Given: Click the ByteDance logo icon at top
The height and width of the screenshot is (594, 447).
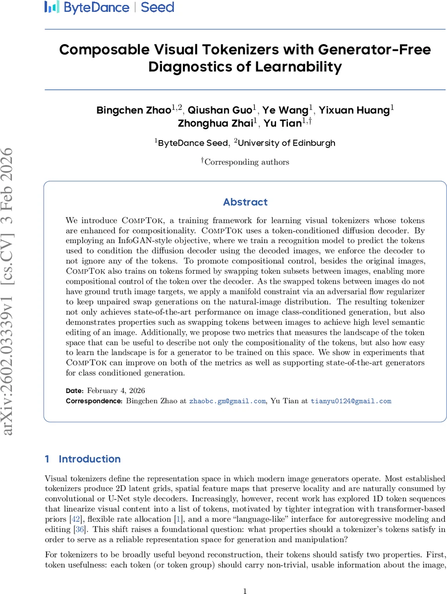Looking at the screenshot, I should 52,7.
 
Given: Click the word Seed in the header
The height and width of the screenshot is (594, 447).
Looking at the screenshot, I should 157,7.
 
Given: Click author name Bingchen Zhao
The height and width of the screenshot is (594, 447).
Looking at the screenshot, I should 133,110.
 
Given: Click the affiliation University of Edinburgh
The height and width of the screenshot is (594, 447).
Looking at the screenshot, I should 287,143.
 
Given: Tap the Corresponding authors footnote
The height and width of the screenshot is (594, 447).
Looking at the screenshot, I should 246,161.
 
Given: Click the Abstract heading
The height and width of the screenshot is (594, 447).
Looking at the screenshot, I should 245,202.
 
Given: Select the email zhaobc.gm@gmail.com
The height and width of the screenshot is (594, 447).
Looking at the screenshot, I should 227,401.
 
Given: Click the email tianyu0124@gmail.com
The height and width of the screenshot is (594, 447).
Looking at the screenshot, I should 351,401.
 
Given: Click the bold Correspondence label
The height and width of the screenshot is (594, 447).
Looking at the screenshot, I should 94,401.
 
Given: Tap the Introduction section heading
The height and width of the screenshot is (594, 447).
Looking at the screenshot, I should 89,459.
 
